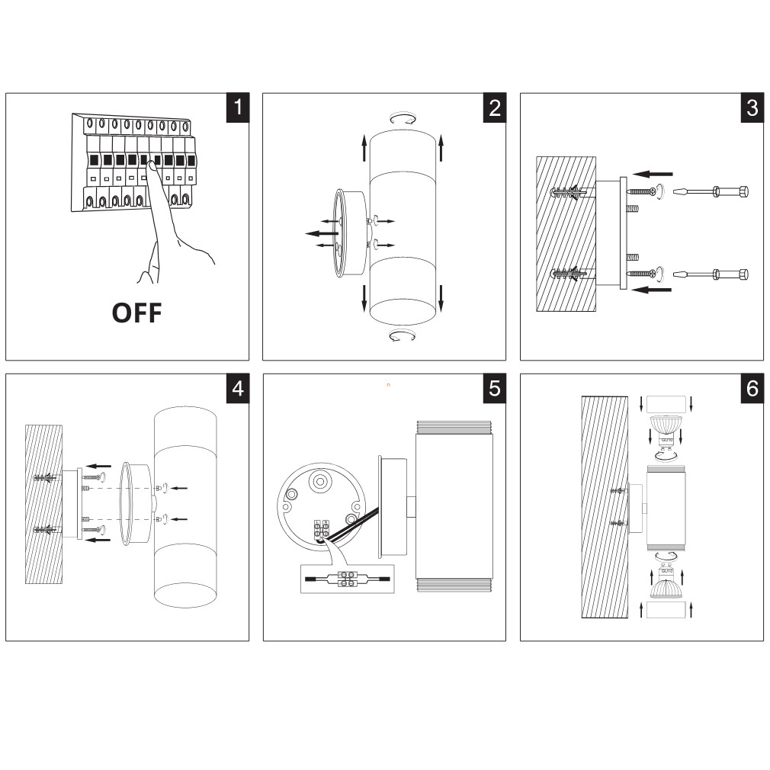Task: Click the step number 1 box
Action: pyautogui.click(x=238, y=107)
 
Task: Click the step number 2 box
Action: pyautogui.click(x=495, y=107)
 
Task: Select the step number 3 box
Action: pyautogui.click(x=752, y=107)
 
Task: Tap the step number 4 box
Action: pyautogui.click(x=238, y=387)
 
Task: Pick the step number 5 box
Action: pyautogui.click(x=495, y=387)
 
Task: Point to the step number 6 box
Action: pyautogui.click(x=752, y=387)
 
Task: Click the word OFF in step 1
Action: pyautogui.click(x=137, y=313)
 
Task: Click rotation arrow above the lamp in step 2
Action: pyautogui.click(x=403, y=117)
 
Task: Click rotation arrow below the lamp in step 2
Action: pyautogui.click(x=403, y=336)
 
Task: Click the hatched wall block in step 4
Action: pyautogui.click(x=43, y=503)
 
